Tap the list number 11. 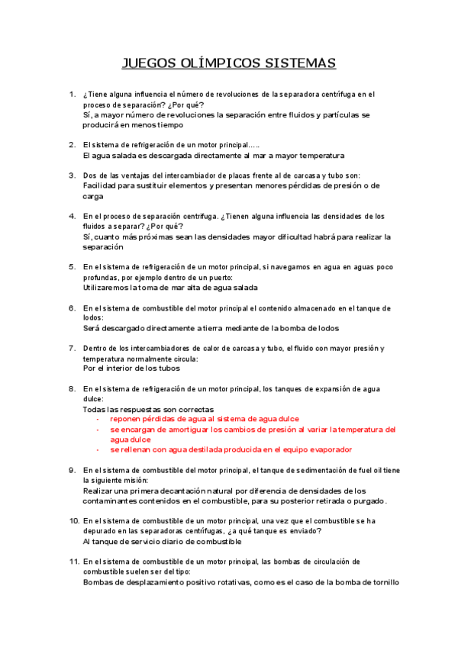(73, 562)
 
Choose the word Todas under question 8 (95, 410)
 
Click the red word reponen (127, 419)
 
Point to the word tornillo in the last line (382, 583)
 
